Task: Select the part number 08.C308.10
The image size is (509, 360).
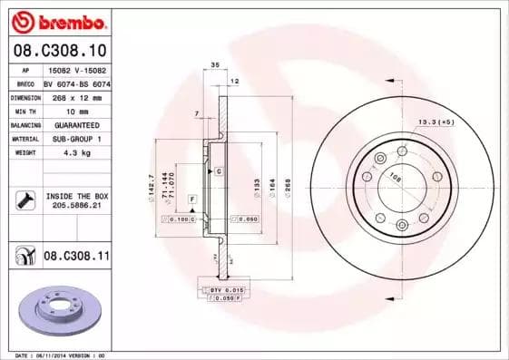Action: coord(60,52)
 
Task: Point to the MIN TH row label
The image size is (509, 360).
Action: coord(24,110)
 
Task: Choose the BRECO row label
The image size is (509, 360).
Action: coord(24,83)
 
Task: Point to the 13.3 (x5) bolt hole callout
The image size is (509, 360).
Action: coord(436,121)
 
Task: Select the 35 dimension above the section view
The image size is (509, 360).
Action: coord(215,66)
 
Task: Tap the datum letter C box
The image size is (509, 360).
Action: coord(220,170)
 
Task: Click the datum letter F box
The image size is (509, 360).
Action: coord(192,198)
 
